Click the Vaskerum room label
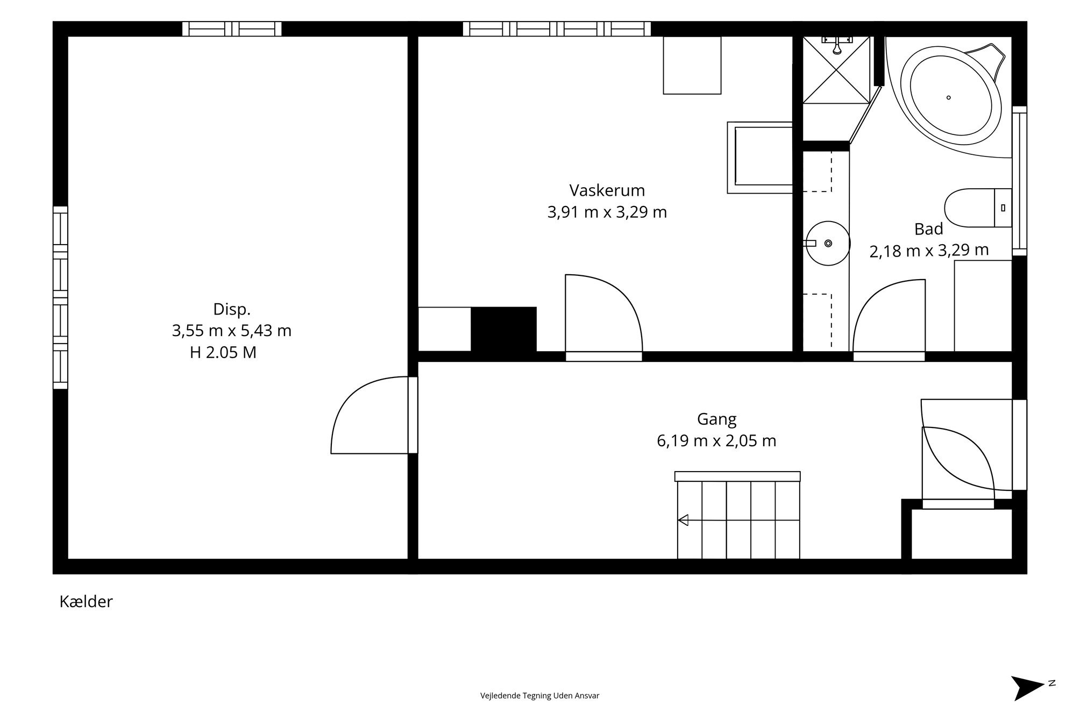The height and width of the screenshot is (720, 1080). (607, 190)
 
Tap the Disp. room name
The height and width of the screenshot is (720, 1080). (232, 310)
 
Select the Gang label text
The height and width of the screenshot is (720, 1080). (716, 419)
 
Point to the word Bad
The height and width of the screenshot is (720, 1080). (929, 229)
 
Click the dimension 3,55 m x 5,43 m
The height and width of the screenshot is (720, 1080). (232, 331)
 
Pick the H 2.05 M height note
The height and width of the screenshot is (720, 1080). (223, 353)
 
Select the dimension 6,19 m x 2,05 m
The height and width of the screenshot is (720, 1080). (716, 441)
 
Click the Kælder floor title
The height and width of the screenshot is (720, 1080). (86, 602)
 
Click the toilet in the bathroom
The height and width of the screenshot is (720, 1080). (978, 208)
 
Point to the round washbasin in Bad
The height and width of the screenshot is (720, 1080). (828, 244)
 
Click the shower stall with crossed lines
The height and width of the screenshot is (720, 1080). (836, 69)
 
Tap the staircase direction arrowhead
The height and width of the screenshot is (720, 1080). (683, 520)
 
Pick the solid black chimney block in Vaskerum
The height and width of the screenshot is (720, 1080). (504, 329)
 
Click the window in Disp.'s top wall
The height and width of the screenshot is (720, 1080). (232, 28)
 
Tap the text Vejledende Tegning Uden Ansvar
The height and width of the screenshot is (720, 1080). (539, 696)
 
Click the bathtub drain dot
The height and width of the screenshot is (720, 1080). (948, 97)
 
